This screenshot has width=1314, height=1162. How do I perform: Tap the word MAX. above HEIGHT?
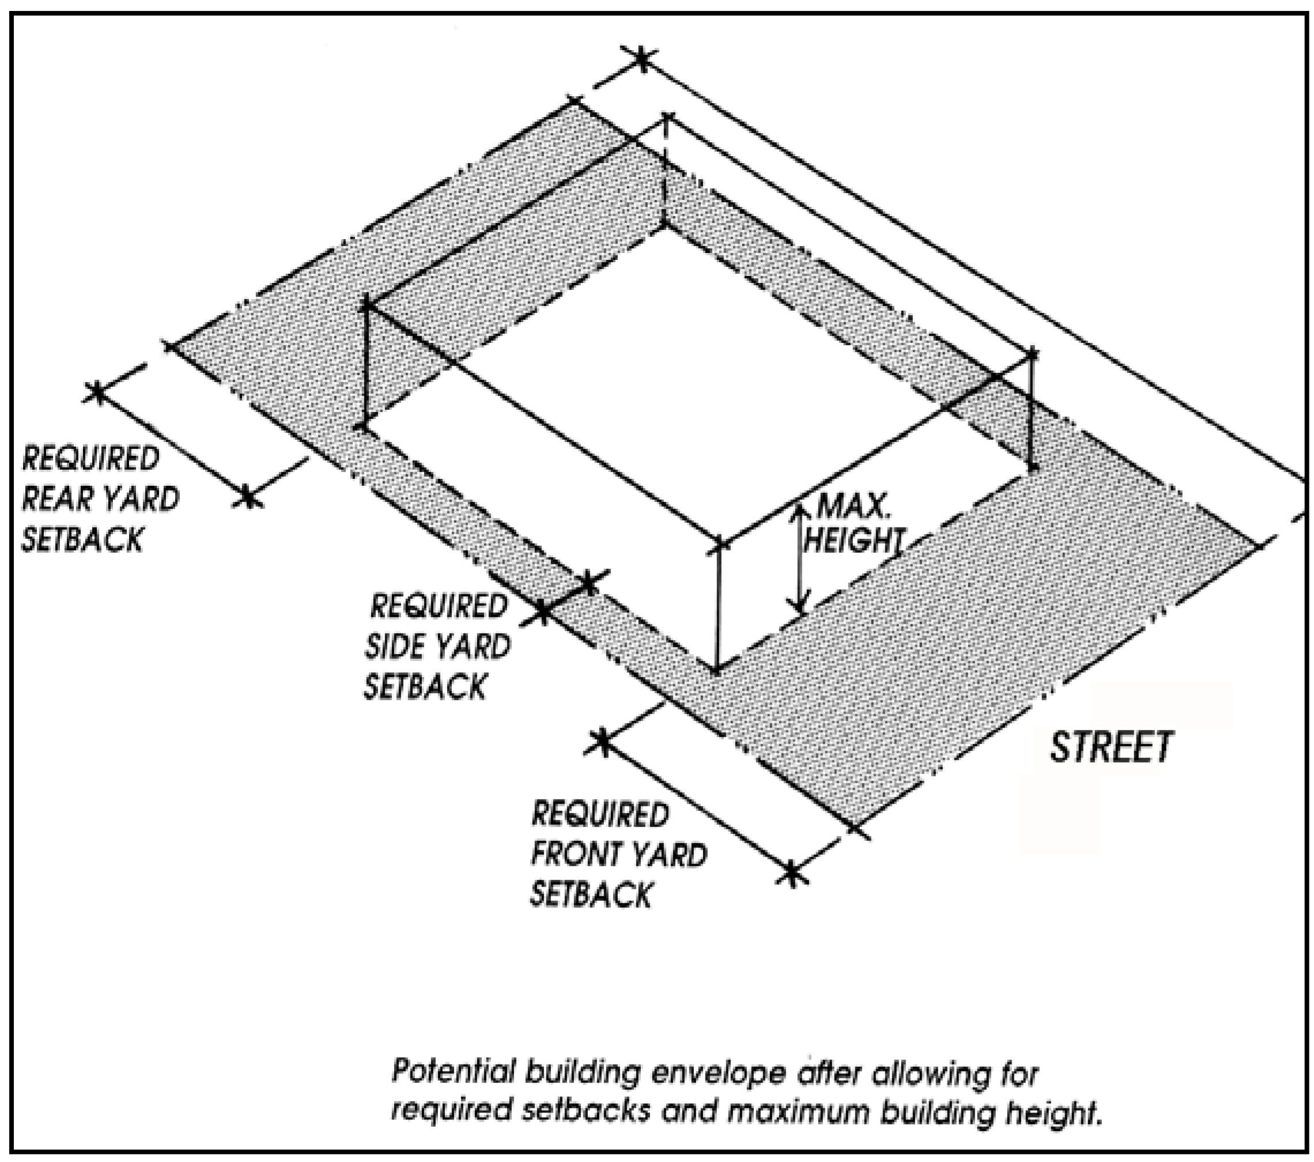[854, 507]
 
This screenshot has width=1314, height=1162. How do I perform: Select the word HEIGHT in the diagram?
[854, 540]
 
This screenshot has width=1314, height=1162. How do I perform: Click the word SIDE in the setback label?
[392, 646]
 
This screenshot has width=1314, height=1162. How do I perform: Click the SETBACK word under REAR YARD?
[82, 539]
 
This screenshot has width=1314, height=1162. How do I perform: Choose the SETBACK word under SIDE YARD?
[425, 687]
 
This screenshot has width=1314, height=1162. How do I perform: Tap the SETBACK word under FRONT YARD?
[591, 895]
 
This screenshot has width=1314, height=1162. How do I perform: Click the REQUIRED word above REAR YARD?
[90, 458]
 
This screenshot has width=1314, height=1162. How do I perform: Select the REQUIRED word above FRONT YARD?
[600, 815]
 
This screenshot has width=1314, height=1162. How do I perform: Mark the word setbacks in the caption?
[585, 1111]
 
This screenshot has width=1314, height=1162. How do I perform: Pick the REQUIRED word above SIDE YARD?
[439, 606]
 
